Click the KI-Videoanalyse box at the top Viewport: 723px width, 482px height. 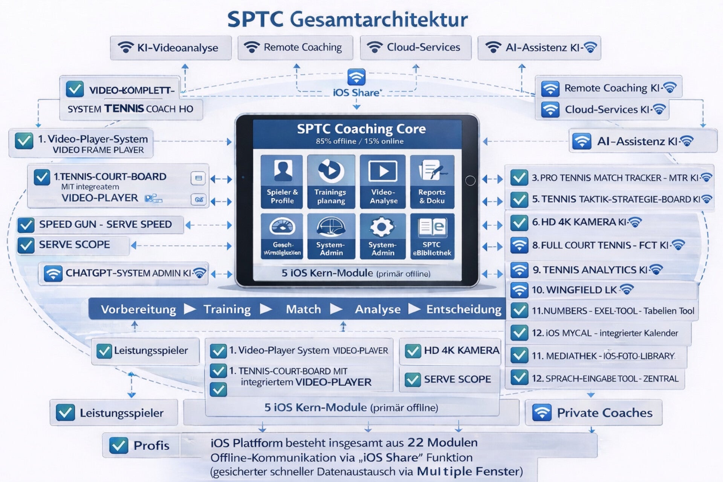pos(171,48)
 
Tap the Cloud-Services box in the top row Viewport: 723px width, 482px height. pos(416,48)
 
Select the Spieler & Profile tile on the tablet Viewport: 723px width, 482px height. pos(282,181)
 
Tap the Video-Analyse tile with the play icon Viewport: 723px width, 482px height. pos(383,181)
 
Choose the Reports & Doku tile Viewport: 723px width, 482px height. pos(432,181)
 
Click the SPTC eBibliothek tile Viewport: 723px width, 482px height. pos(432,236)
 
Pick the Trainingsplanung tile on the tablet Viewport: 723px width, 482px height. pos(331,181)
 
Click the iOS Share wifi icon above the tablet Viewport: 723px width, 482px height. pos(356,77)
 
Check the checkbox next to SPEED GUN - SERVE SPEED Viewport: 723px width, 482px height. pos(26,225)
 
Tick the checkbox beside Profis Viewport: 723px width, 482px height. pos(119,445)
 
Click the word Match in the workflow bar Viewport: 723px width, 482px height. pos(303,309)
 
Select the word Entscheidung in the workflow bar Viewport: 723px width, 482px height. pos(464,309)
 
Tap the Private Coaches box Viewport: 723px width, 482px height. pos(594,413)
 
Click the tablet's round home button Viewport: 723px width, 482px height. pos(470,181)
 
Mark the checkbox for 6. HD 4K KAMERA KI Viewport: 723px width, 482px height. pos(519,223)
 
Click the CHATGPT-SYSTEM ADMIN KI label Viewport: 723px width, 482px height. pos(128,273)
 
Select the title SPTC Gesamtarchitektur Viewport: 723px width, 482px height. pos(347,19)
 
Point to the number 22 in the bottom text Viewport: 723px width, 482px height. pos(416,442)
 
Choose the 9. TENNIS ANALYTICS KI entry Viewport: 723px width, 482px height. pos(590,270)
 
